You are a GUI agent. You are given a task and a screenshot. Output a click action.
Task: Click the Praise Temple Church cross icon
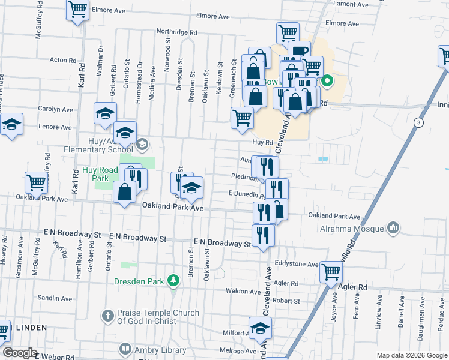(x=107, y=315)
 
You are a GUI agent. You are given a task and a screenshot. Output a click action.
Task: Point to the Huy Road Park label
(x=100, y=174)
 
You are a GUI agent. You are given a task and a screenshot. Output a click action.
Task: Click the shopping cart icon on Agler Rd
(x=331, y=272)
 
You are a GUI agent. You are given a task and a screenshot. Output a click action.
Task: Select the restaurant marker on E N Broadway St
(x=263, y=234)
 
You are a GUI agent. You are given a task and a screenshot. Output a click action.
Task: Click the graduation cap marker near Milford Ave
(x=260, y=328)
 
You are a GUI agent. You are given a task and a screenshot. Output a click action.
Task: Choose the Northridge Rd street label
(x=176, y=32)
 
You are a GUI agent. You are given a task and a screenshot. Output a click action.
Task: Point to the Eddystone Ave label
(x=296, y=264)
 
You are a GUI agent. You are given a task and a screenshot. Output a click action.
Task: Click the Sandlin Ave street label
(x=55, y=298)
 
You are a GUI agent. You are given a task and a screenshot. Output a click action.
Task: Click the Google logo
(x=20, y=353)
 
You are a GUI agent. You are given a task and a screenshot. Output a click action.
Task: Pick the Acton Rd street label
(x=64, y=60)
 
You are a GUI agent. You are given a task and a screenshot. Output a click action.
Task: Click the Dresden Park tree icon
(x=173, y=280)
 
